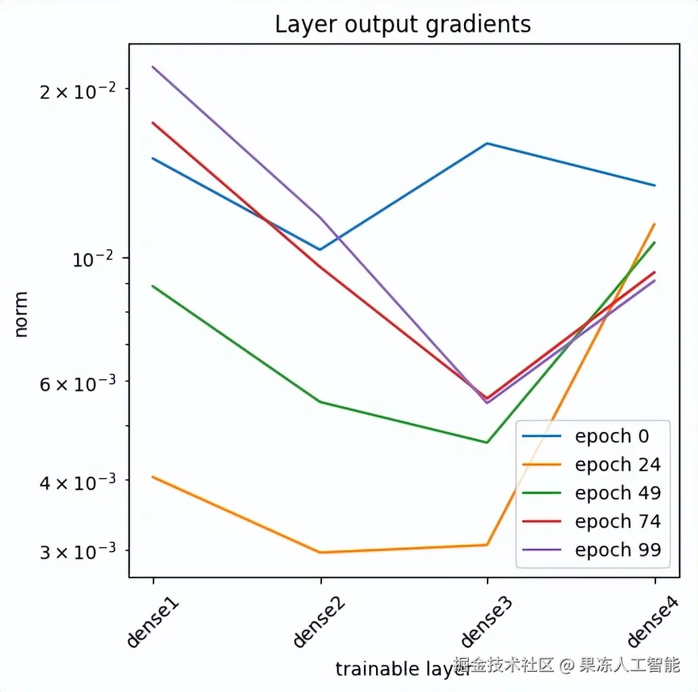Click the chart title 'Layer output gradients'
[x=402, y=24]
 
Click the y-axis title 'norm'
[x=21, y=314]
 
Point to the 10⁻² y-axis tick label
[x=95, y=258]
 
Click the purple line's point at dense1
[x=154, y=66]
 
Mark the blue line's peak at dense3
[x=487, y=144]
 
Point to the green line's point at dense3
[x=487, y=443]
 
